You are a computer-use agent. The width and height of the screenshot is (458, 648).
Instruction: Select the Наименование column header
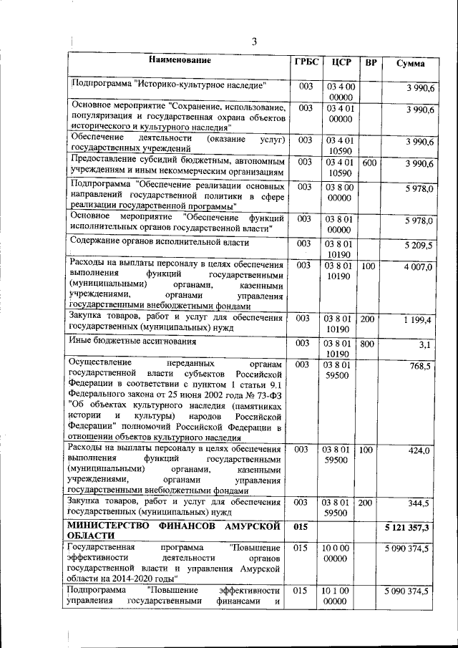180,62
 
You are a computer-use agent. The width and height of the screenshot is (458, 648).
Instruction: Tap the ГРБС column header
306,62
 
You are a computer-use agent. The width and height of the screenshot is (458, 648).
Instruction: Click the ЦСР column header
340,62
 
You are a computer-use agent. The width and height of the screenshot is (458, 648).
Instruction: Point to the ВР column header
371,63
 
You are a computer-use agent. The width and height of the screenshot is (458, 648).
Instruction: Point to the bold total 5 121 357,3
406,527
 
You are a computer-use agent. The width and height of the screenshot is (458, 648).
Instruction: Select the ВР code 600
369,163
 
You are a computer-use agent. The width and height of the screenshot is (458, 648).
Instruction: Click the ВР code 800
368,344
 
